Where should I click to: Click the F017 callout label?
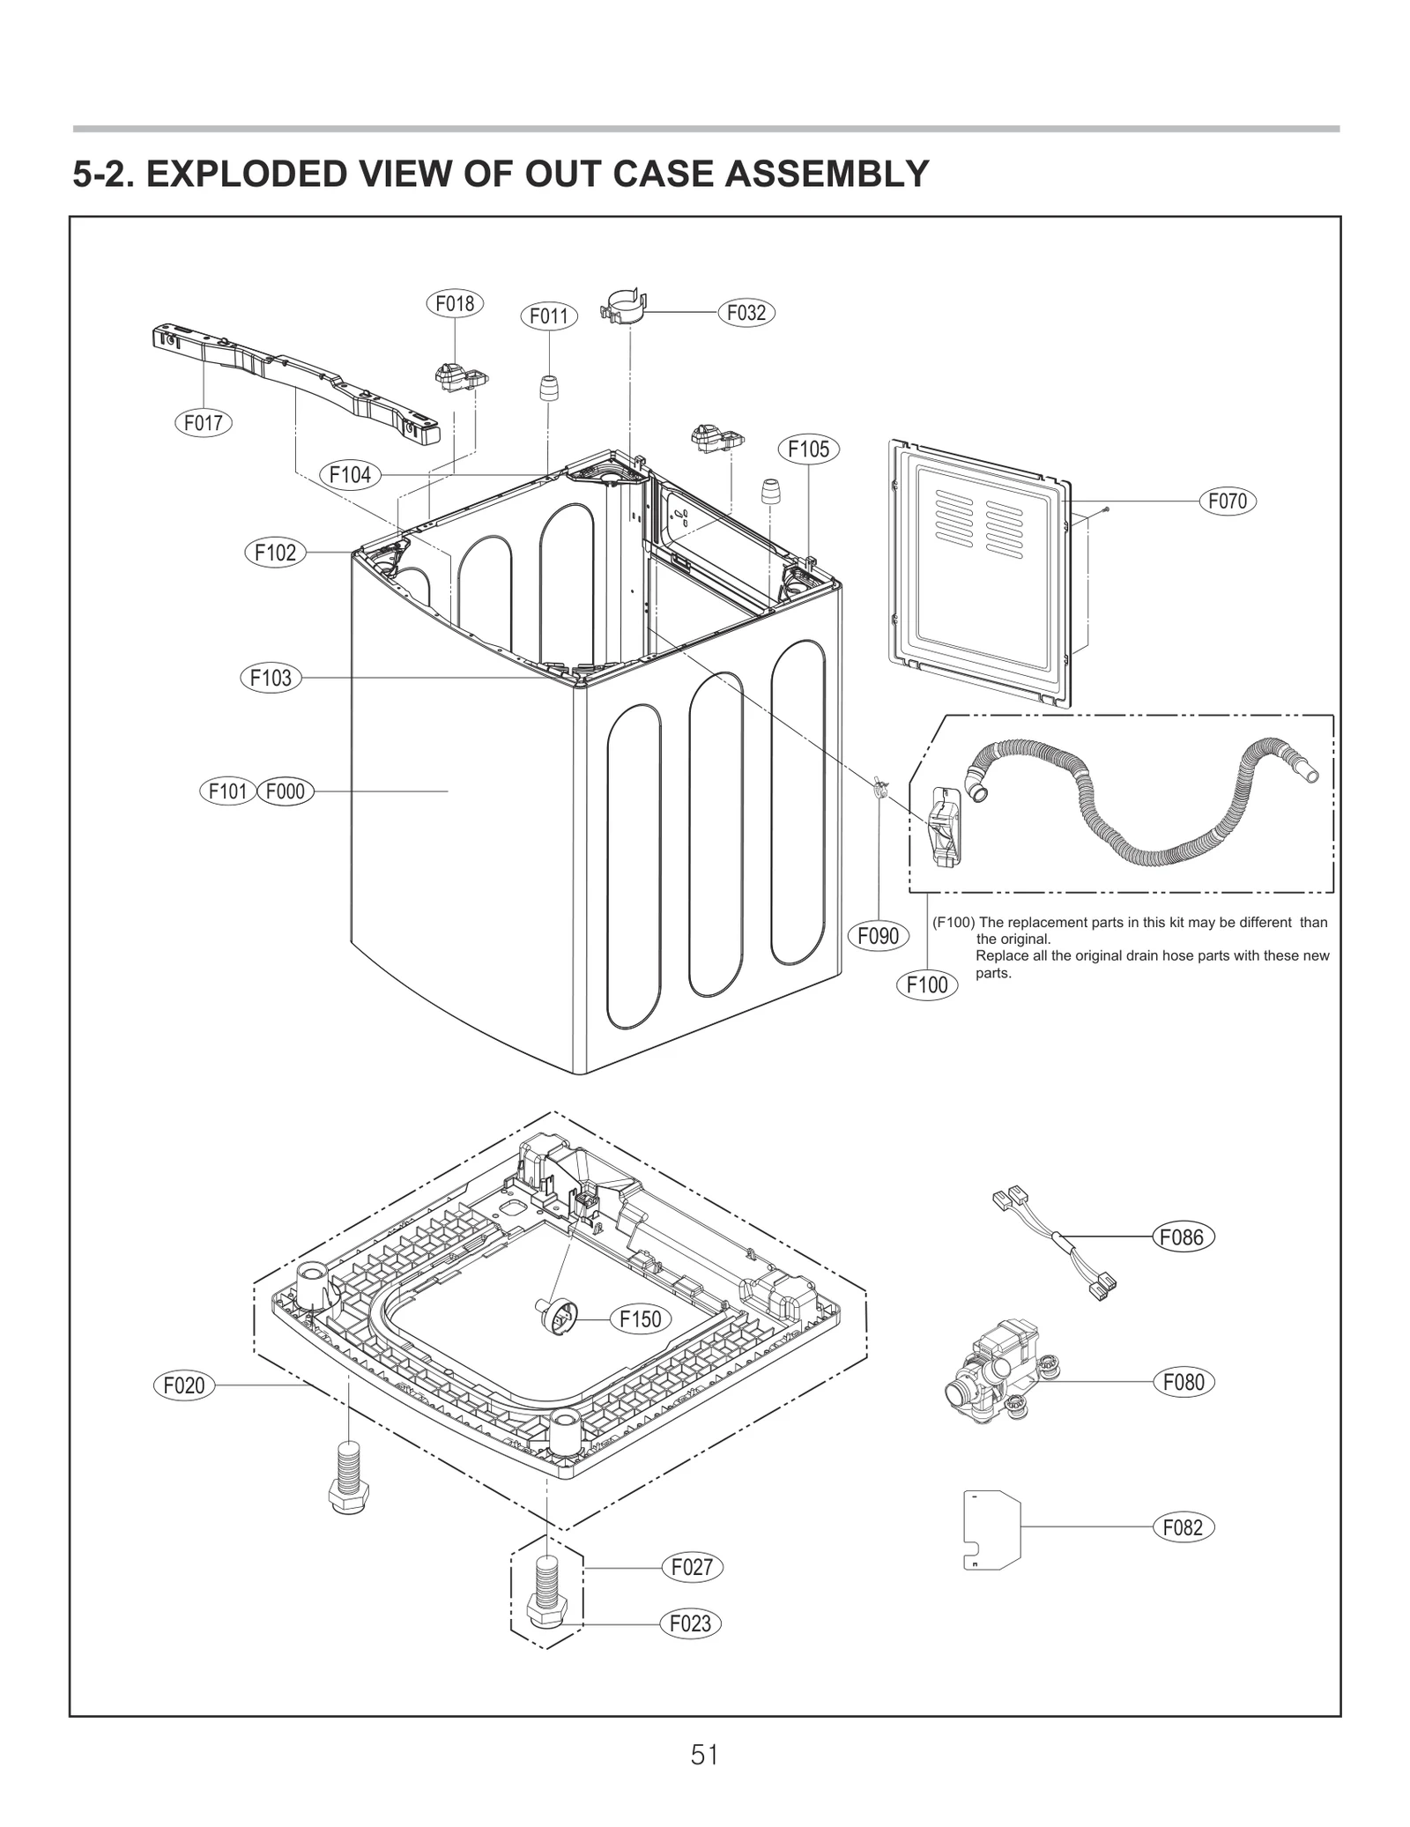(204, 423)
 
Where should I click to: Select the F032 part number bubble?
(746, 313)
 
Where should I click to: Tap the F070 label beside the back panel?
(1227, 501)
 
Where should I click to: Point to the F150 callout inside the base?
(640, 1319)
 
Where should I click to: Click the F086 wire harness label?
(1183, 1237)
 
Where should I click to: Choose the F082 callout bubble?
(1183, 1527)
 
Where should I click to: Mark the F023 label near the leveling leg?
(690, 1623)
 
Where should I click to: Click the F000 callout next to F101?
(285, 791)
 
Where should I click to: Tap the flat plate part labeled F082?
(991, 1529)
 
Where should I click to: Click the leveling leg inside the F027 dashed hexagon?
(546, 1597)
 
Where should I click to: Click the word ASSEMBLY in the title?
(827, 175)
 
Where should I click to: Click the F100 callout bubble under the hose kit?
(927, 984)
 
